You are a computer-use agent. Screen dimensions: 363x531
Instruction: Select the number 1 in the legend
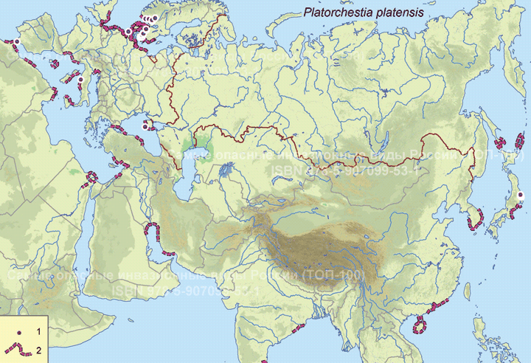coord(38,325)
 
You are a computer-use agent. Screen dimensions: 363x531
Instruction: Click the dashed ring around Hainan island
coord(422,324)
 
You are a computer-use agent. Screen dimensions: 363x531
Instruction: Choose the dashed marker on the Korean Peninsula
coord(476,218)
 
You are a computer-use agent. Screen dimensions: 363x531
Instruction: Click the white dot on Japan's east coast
coord(521,195)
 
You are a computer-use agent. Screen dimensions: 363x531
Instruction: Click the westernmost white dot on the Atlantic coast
coord(16,41)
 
